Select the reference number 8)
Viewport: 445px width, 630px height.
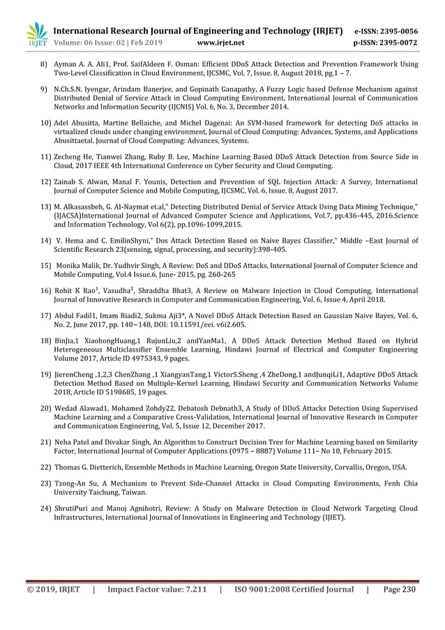43,63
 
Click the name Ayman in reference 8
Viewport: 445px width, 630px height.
67,63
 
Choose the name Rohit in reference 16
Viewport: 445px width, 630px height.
64,290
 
